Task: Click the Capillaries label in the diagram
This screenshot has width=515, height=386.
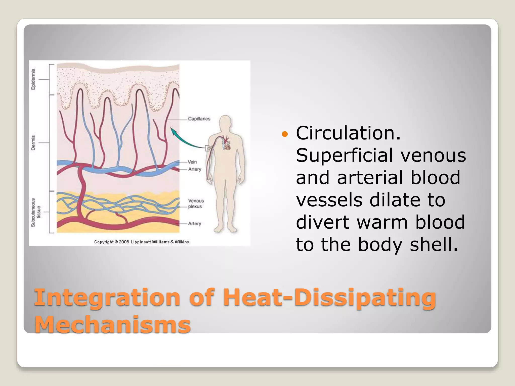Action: click(x=199, y=119)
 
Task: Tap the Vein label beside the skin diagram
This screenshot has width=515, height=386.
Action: click(x=192, y=162)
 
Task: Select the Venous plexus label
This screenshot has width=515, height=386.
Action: click(x=196, y=204)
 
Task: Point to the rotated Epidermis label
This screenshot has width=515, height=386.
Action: click(x=33, y=79)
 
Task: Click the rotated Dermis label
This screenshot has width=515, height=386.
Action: click(x=33, y=143)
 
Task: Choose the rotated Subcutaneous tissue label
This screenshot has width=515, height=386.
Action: click(x=35, y=213)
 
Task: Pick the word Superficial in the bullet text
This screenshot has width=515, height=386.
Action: click(x=344, y=155)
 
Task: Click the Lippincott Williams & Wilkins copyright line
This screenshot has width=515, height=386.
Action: click(x=142, y=242)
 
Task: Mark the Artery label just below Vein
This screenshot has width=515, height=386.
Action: click(x=195, y=169)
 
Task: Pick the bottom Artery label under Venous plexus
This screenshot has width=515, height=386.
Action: click(x=194, y=223)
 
